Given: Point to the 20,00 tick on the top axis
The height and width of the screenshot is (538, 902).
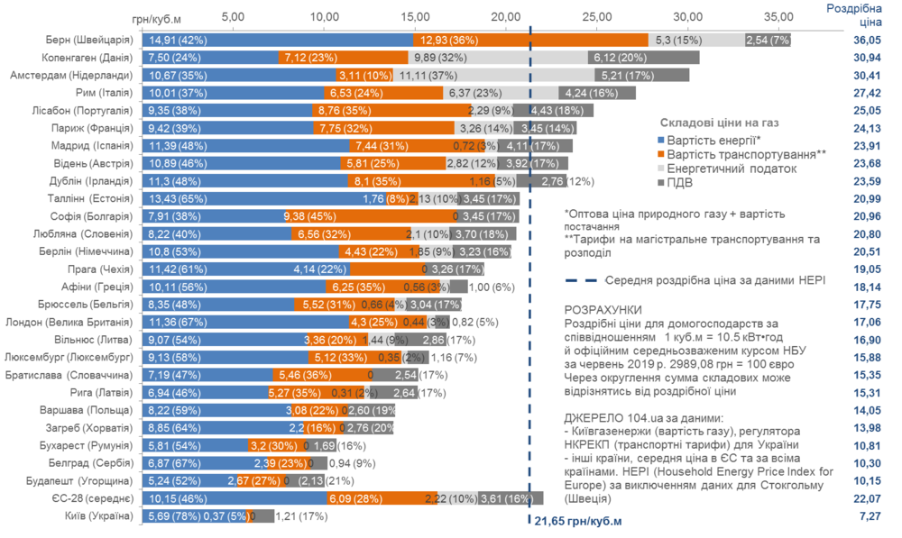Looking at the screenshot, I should coord(506,16).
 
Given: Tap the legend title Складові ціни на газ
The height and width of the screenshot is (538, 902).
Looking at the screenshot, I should coord(719,122).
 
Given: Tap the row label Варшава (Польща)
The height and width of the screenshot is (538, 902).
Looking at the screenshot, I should coord(93,410).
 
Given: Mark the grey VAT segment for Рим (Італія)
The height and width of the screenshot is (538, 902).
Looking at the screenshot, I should coord(597,92).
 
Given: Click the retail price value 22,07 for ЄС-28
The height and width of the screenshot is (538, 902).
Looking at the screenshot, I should coord(870,498).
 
